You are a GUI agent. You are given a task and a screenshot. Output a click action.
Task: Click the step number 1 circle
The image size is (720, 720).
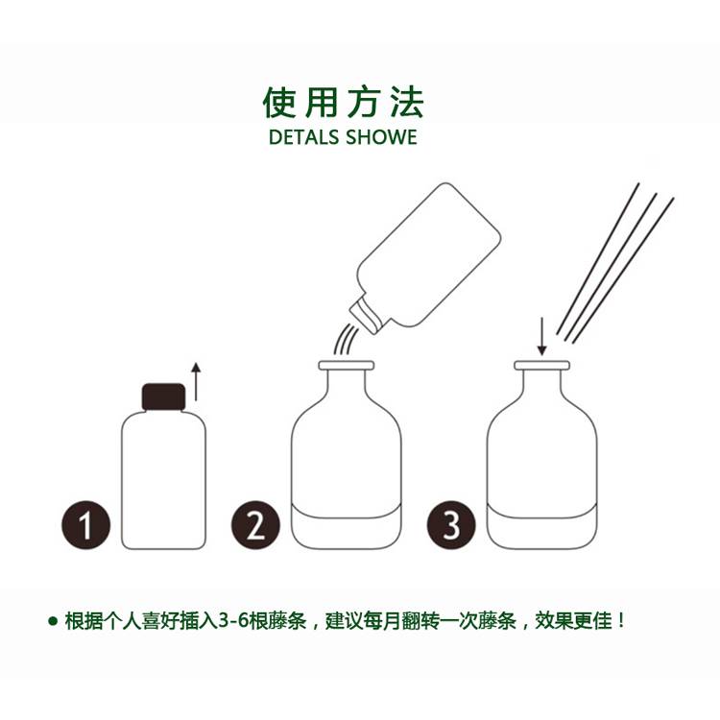[x=85, y=525]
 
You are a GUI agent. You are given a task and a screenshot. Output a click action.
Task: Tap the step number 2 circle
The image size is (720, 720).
[x=255, y=525]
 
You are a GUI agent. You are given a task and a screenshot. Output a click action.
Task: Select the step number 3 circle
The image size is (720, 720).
[x=451, y=525]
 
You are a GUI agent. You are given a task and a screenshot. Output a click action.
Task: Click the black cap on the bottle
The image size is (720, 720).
[x=163, y=396]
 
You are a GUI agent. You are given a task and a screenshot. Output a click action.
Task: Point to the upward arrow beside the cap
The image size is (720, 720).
[x=196, y=381]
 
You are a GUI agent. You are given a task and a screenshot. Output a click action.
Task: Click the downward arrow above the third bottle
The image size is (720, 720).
[x=541, y=336]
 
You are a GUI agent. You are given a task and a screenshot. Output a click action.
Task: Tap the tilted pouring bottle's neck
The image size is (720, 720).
[x=367, y=315]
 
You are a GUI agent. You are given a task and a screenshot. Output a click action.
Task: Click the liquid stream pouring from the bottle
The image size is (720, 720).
[x=345, y=339]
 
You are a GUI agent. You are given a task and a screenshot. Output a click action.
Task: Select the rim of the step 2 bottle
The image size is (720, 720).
[x=347, y=366]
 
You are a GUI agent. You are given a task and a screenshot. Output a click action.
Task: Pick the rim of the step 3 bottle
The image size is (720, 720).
[x=541, y=366]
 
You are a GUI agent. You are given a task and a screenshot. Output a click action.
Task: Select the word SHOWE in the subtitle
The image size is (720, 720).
[x=381, y=137]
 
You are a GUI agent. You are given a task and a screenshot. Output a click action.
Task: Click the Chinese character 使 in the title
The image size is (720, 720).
[x=278, y=102]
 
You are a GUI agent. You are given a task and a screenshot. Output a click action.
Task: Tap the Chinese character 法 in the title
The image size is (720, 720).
[x=407, y=102]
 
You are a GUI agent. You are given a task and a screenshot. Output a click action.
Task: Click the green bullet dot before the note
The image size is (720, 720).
[x=53, y=622]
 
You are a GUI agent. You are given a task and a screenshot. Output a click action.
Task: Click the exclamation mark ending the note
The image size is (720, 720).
[x=621, y=621]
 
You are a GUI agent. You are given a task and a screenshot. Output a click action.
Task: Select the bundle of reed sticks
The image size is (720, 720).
[x=615, y=263]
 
